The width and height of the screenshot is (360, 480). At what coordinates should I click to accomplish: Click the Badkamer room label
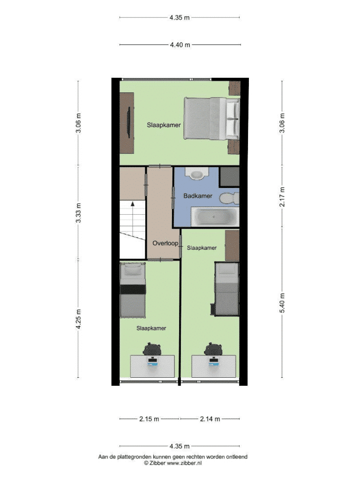click(x=198, y=196)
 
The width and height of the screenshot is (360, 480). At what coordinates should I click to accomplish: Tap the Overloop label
click(x=165, y=243)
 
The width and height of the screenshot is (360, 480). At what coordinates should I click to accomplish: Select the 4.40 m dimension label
click(x=180, y=45)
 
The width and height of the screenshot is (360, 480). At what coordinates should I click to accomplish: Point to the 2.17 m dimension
click(x=282, y=197)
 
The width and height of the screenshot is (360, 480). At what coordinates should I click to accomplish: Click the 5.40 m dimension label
click(x=282, y=303)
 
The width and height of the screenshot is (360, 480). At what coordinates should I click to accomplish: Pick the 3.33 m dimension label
click(x=79, y=213)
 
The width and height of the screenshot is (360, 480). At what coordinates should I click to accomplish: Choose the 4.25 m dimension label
click(x=79, y=319)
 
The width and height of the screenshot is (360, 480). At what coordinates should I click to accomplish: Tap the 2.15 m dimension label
click(x=149, y=419)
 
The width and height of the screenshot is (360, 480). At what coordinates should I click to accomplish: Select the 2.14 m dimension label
click(x=210, y=419)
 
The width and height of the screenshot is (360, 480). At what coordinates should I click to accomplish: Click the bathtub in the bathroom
click(x=215, y=217)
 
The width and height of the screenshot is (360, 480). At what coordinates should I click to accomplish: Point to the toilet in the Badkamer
click(x=230, y=198)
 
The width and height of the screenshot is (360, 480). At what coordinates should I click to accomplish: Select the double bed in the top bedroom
click(x=211, y=119)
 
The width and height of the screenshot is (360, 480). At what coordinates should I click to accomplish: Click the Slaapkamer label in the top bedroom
click(x=164, y=125)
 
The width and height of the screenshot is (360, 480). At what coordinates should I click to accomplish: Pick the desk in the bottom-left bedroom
click(x=152, y=366)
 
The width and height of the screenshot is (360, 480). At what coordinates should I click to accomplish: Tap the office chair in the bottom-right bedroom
click(x=213, y=349)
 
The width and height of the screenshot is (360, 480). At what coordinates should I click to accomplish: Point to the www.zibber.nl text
click(x=184, y=463)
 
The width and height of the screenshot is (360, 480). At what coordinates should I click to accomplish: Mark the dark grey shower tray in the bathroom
click(x=230, y=177)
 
